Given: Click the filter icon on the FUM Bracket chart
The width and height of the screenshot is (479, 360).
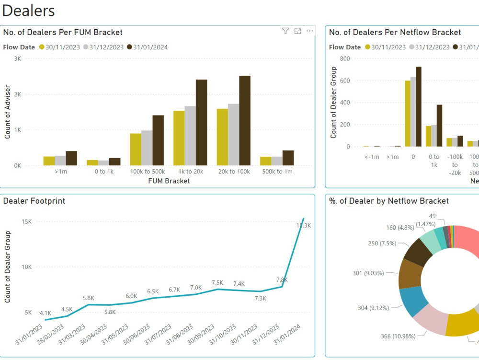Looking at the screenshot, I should point(285,31).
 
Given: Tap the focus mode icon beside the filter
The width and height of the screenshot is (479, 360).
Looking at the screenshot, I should point(297,31).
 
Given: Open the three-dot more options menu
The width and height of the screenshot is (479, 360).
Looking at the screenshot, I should point(309,31).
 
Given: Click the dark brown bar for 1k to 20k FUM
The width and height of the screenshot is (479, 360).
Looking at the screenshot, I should point(201,123).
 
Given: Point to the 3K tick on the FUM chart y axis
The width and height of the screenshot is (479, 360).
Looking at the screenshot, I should point(17,58).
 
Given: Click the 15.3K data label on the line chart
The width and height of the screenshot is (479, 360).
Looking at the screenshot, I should point(304,226).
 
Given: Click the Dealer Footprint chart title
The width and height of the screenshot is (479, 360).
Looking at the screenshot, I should point(34,201).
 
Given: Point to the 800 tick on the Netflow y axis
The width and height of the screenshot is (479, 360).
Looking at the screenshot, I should point(345,58).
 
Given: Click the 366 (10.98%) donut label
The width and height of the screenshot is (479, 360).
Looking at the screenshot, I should point(398,336).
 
